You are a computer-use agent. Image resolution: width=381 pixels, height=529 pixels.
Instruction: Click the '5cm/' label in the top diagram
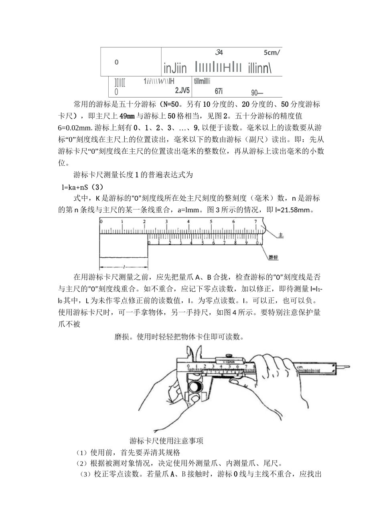click(272, 52)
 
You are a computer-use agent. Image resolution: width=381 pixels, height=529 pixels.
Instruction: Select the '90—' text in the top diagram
click(257, 93)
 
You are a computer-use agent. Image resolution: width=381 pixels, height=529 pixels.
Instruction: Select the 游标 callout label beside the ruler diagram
click(274, 257)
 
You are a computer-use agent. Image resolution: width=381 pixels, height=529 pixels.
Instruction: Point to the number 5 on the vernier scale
click(203, 242)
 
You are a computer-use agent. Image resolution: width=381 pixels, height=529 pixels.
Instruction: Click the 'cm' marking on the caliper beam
click(299, 366)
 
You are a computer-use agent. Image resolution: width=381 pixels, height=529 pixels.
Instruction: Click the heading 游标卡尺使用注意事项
click(166, 441)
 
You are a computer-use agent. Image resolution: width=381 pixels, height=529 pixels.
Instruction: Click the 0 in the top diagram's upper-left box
click(117, 62)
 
